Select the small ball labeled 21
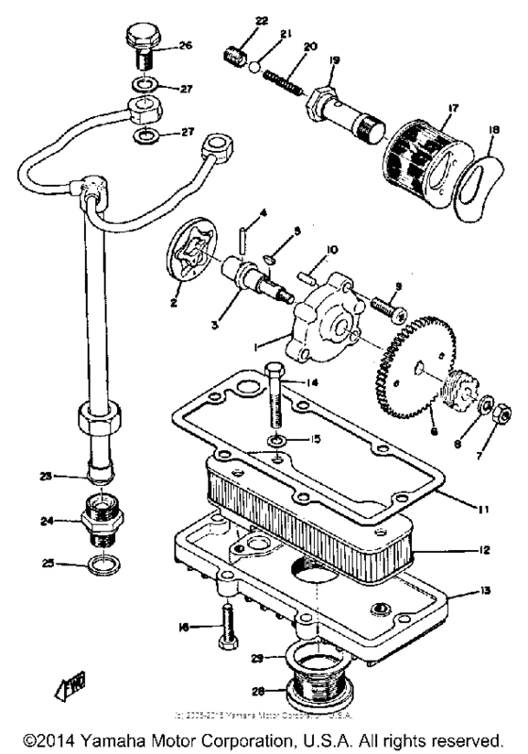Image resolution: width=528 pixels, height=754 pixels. click(254, 64)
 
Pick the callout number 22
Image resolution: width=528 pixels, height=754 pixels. click(235, 20)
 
